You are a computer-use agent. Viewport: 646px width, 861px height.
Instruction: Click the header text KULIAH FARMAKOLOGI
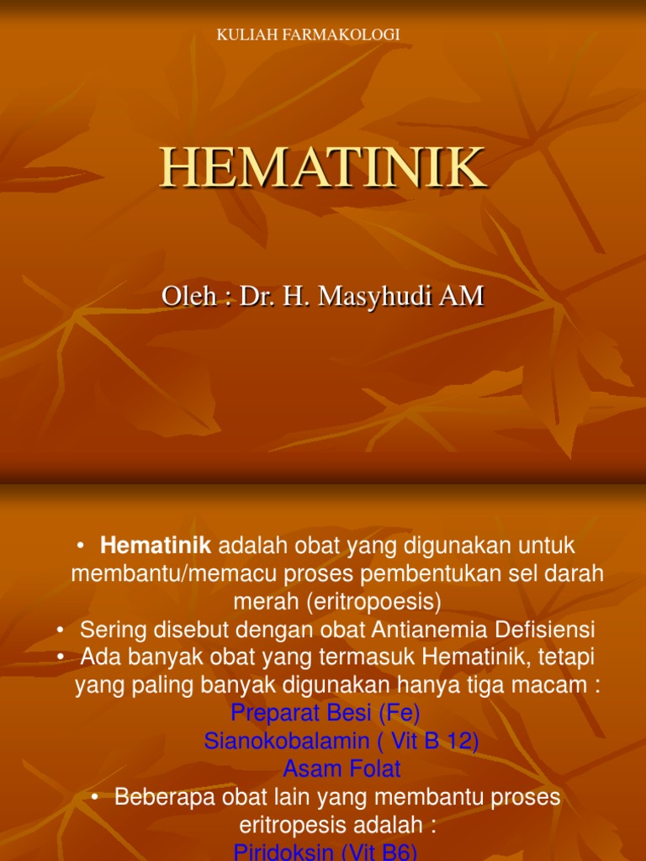click(308, 34)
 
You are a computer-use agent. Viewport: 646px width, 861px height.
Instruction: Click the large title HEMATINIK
click(323, 167)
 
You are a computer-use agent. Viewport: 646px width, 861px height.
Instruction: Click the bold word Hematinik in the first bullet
click(156, 546)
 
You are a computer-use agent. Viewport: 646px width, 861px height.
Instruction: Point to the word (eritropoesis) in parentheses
click(373, 601)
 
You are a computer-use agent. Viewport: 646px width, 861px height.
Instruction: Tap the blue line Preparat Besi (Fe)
click(325, 713)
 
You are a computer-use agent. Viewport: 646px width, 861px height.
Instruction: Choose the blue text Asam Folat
click(342, 769)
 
